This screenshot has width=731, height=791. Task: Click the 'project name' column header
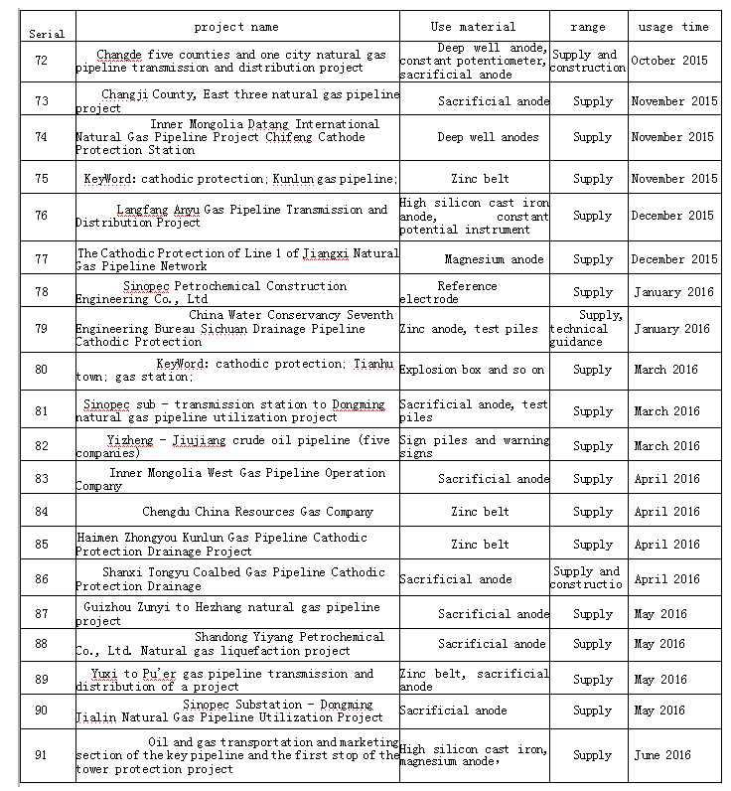(x=236, y=27)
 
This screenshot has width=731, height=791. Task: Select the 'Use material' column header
(x=473, y=27)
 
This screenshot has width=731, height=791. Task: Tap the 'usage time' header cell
(x=674, y=27)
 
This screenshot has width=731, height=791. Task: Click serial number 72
(x=41, y=62)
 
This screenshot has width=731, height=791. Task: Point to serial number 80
(x=41, y=370)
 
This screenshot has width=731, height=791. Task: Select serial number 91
(x=41, y=755)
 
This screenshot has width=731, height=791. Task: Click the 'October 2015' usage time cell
(x=669, y=62)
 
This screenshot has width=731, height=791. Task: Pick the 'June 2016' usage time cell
(x=662, y=755)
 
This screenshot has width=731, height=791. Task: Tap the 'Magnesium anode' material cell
(x=494, y=259)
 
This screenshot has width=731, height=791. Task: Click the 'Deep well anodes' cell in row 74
(x=488, y=137)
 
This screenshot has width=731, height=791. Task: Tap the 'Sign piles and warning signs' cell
(x=473, y=446)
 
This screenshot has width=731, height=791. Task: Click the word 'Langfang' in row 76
(x=143, y=211)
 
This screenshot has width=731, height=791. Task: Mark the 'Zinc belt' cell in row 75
(x=480, y=179)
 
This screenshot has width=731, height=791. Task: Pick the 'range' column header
(x=588, y=27)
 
